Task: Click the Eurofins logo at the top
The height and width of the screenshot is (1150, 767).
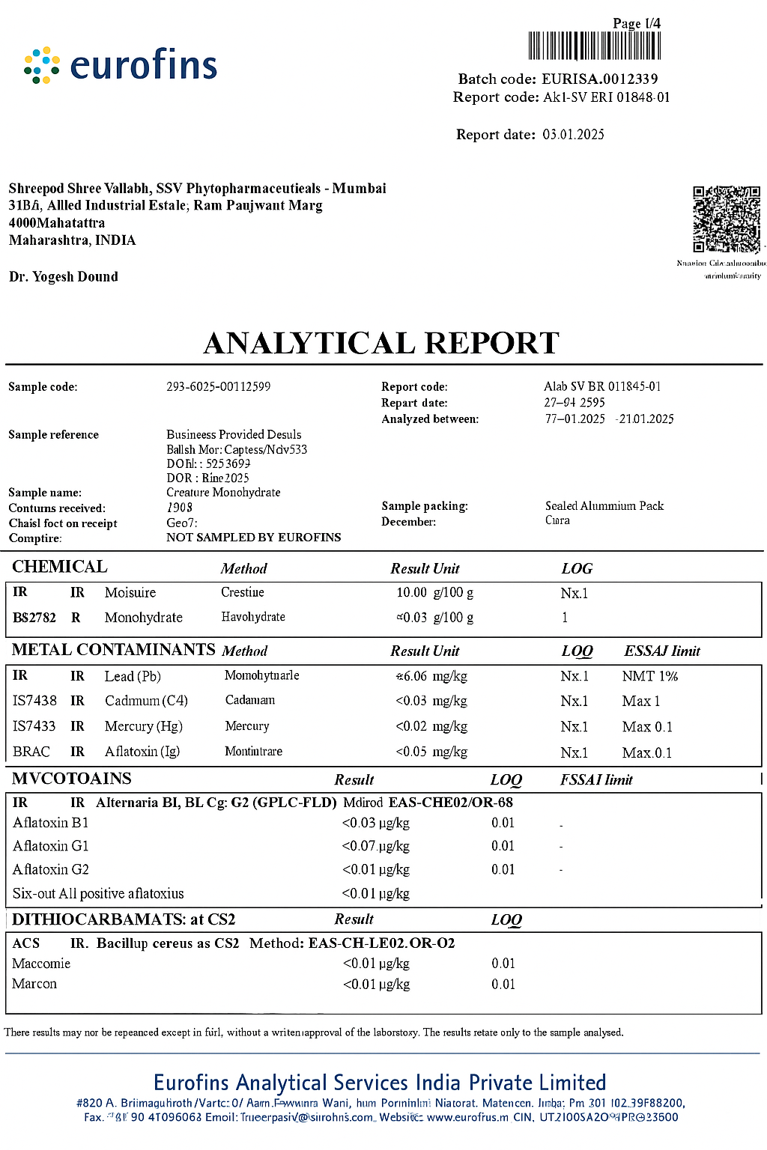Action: (121, 65)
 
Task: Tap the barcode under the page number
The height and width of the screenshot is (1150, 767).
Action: (595, 46)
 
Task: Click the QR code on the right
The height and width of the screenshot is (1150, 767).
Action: (726, 219)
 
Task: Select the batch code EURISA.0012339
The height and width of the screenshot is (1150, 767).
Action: (599, 79)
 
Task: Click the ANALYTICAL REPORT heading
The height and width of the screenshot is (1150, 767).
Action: (382, 343)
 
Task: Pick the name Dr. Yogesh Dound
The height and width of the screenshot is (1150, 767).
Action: (64, 277)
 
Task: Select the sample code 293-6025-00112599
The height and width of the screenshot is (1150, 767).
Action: (218, 387)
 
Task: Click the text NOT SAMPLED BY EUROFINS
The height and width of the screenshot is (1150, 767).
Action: (253, 538)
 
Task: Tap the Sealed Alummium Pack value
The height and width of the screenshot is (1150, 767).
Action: (604, 506)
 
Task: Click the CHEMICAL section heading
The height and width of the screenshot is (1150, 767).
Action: (60, 567)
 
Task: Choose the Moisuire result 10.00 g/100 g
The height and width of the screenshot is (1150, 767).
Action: (434, 593)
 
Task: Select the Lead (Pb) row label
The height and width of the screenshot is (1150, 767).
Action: (133, 676)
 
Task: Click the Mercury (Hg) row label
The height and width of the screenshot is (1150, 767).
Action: (143, 726)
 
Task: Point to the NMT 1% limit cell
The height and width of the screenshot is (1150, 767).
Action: (649, 676)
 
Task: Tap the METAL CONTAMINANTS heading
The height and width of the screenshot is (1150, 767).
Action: (113, 650)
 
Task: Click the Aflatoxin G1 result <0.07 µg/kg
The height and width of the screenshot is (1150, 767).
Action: (375, 846)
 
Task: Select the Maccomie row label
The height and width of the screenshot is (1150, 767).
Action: (41, 964)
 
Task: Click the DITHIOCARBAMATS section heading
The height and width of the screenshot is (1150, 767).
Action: (124, 919)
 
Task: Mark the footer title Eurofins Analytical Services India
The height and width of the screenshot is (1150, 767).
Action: (380, 1083)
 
